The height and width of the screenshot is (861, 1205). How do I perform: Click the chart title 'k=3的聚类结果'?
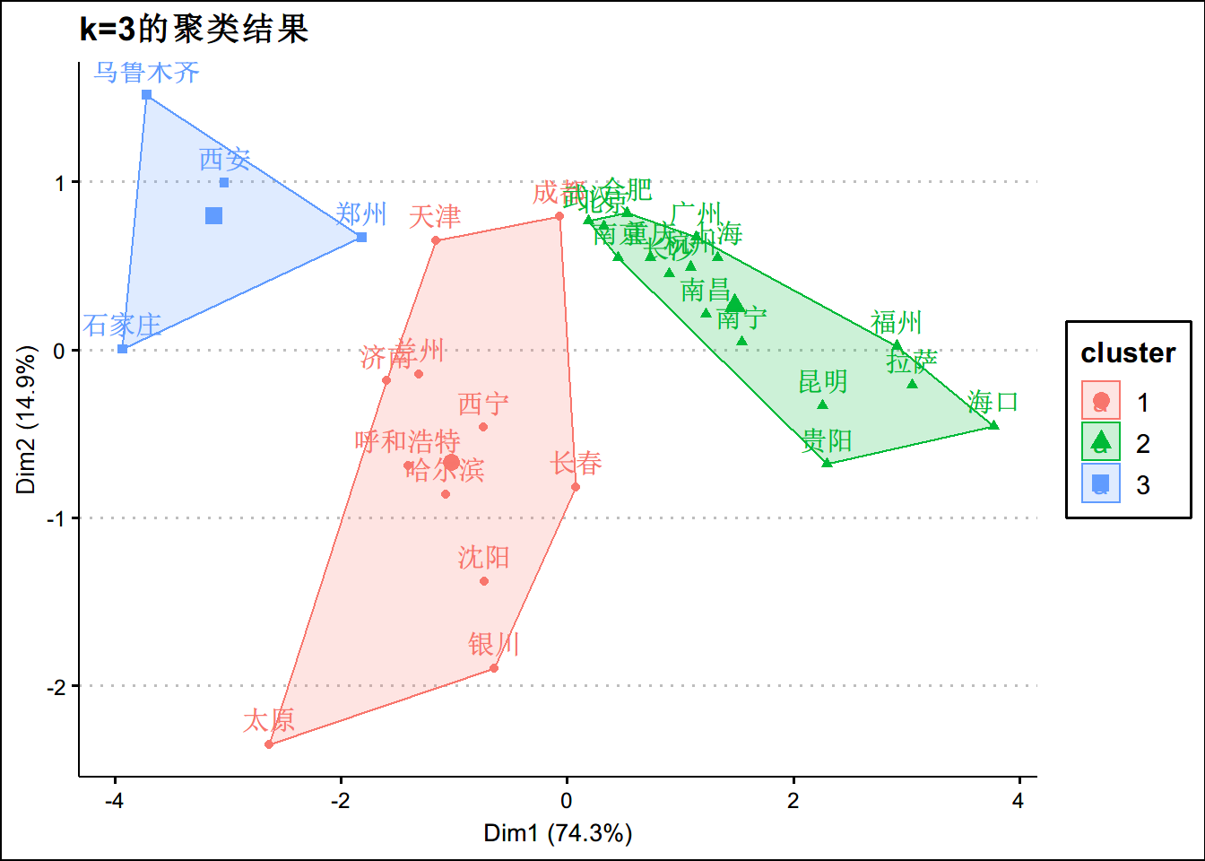194,30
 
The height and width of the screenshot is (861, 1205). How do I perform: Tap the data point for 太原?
269,744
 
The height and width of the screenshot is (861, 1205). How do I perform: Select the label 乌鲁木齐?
147,72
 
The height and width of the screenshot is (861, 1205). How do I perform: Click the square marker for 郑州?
361,238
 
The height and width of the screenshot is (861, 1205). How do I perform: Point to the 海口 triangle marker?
993,425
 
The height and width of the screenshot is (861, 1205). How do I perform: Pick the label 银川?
493,644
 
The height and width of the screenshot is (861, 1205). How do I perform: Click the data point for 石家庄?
123,348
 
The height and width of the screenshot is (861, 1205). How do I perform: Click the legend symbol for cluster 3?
1101,484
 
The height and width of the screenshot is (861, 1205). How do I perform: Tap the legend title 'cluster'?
1128,353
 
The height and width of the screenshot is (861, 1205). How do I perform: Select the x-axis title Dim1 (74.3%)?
558,833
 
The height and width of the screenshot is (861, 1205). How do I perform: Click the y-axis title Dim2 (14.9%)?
26,419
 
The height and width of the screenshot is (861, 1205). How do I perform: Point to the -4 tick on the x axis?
115,801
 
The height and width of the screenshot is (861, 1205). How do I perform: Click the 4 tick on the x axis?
1018,801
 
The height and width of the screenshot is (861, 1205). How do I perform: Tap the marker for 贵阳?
827,463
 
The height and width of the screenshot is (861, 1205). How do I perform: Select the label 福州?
896,323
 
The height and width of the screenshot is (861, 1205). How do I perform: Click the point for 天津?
436,240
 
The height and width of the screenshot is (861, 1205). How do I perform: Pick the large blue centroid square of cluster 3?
213,215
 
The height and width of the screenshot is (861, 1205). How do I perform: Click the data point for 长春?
576,487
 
